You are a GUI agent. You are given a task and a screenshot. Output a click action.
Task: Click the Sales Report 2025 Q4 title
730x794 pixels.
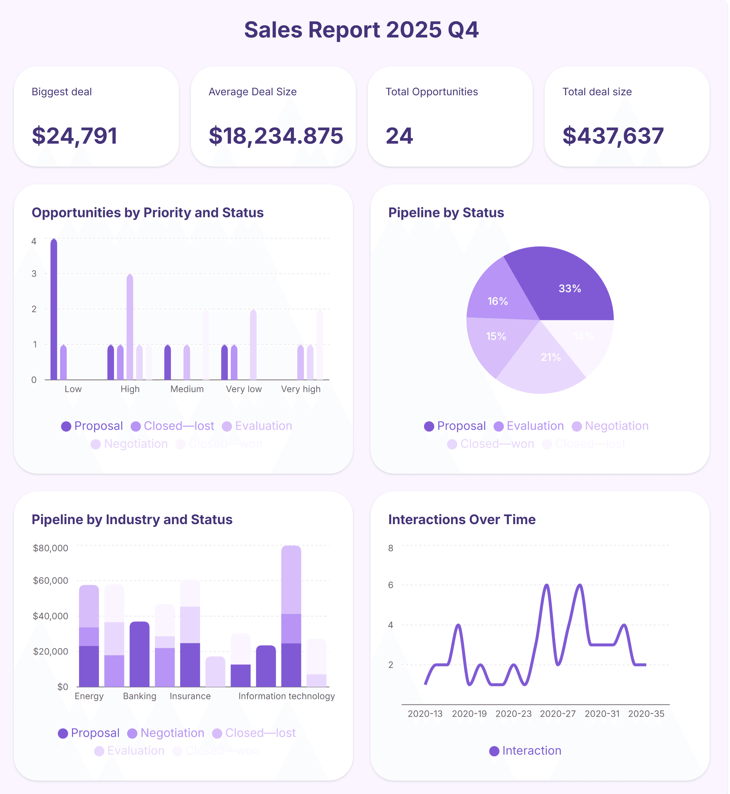[x=361, y=30]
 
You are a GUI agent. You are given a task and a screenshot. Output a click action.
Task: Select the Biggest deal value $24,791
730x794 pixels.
[x=75, y=136]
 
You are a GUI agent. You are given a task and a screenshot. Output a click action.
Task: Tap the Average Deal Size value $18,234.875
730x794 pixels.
[x=276, y=136]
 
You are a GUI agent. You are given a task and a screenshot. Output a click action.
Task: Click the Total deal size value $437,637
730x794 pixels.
[x=613, y=136]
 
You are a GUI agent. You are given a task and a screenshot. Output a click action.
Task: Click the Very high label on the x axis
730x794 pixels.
[x=301, y=389]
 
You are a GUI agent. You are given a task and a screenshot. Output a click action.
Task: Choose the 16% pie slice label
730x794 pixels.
[x=497, y=301]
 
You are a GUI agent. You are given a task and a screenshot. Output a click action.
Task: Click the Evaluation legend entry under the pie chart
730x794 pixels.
[x=529, y=426]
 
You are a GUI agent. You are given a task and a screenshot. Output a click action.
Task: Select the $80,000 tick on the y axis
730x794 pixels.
[x=50, y=548]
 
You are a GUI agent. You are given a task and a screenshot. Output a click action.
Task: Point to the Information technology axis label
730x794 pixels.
[x=286, y=696]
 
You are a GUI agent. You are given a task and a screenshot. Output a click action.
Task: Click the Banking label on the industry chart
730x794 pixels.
[x=139, y=696]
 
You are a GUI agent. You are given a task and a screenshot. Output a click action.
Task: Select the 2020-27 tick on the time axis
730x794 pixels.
[x=557, y=714]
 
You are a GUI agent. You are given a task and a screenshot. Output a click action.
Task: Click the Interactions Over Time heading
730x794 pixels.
[x=462, y=520]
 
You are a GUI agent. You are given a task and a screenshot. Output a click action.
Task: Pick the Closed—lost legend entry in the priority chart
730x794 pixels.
[x=173, y=426]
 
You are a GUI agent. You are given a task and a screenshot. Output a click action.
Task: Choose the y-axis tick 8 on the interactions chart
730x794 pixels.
[x=391, y=548]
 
